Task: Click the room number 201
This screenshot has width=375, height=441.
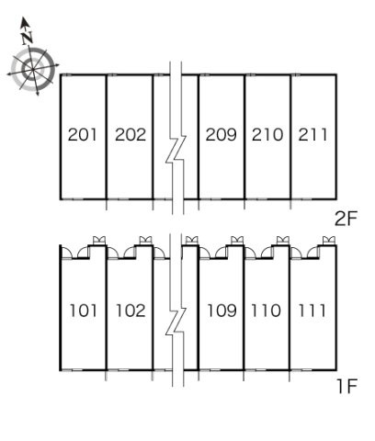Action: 83,135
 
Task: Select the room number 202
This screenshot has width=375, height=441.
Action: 131,135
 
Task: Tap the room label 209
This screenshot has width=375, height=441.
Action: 222,135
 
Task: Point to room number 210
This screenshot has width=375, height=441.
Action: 267,135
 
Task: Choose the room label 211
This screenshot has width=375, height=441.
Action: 312,135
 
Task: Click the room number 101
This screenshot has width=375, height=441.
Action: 84,311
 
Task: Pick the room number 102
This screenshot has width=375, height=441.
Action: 131,311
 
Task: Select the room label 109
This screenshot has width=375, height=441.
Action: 222,311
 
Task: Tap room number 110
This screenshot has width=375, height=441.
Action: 266,311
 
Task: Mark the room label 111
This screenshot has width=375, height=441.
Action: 312,311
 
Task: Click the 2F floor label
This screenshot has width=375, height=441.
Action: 347,219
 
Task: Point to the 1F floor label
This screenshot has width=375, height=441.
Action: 347,387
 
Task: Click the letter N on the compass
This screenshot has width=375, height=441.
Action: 27,38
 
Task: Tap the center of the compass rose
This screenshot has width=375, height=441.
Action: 32,70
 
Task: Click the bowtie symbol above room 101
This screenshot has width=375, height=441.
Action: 99,240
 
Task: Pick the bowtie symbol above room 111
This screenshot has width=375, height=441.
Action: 329,240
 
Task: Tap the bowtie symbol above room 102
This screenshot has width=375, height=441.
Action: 145,240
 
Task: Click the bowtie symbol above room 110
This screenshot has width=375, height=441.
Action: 283,240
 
